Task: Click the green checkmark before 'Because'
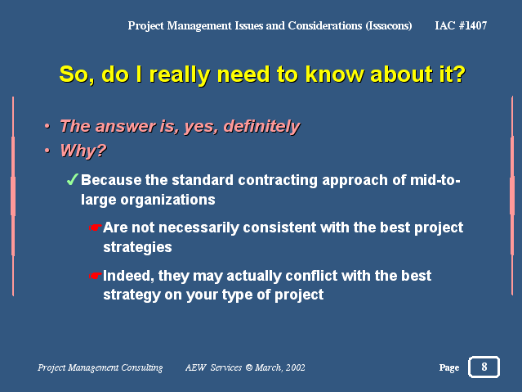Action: (x=72, y=179)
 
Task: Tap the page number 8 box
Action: (x=484, y=367)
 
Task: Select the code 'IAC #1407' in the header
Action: (x=461, y=25)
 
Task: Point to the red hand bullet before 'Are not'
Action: (x=96, y=228)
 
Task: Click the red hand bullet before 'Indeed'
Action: (x=96, y=276)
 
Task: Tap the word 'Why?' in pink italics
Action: (x=83, y=151)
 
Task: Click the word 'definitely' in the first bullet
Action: (x=262, y=127)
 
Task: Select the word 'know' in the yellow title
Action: (x=334, y=74)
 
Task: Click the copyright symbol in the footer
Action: (x=248, y=367)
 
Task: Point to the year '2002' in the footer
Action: (x=295, y=367)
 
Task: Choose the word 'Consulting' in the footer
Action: (x=142, y=367)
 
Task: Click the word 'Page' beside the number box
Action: (x=449, y=367)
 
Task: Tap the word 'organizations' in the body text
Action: (x=167, y=200)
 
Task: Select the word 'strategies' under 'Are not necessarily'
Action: (x=137, y=247)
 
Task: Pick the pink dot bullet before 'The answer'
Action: (x=47, y=126)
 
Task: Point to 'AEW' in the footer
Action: (x=196, y=367)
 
